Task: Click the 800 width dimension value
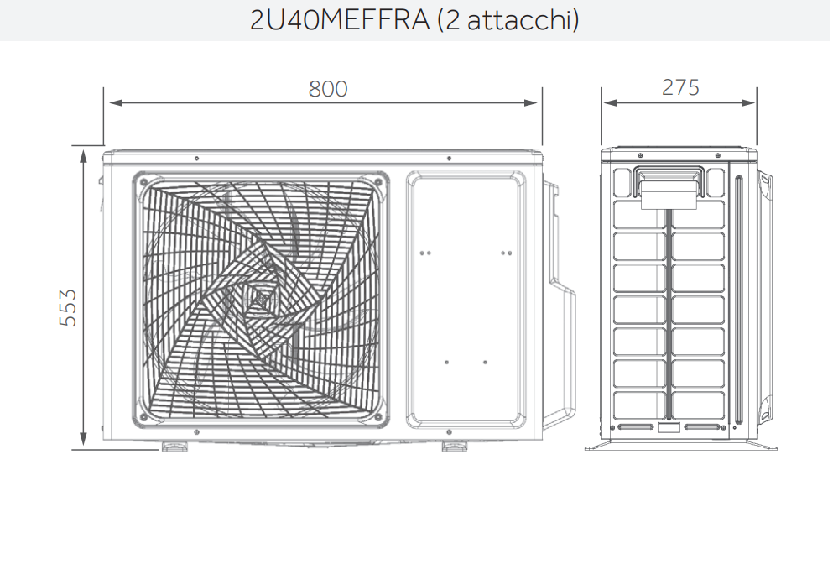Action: [x=327, y=89]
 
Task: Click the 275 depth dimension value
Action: [x=680, y=87]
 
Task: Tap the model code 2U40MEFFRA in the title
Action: [x=340, y=20]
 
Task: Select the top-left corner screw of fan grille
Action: [x=144, y=181]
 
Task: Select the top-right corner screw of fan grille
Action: [x=378, y=181]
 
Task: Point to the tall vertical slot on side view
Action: [x=739, y=302]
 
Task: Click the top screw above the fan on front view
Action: [x=195, y=158]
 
